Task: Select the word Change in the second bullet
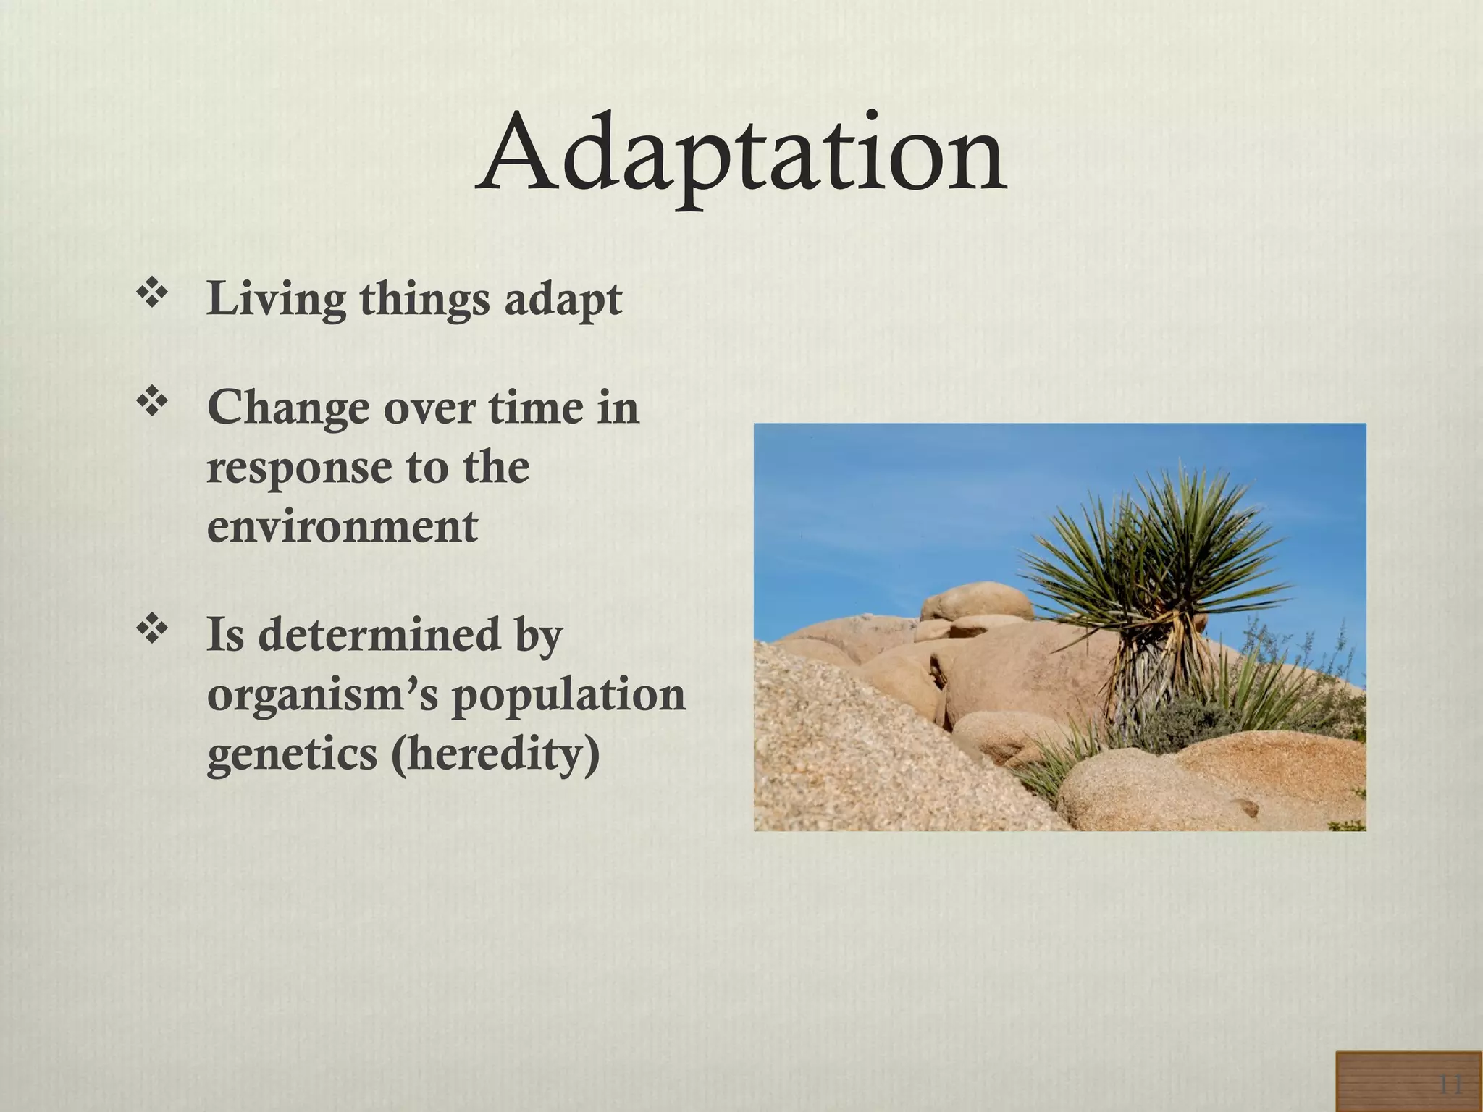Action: (x=287, y=408)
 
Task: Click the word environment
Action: (x=342, y=526)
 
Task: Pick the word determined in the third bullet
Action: (x=379, y=635)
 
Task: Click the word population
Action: (x=568, y=696)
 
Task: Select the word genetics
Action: (x=292, y=754)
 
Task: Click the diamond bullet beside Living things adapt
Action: (x=152, y=295)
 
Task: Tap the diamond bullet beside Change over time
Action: (x=152, y=403)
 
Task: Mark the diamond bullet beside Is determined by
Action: (x=152, y=630)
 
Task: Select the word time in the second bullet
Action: (x=536, y=408)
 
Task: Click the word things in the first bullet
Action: (x=424, y=299)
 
